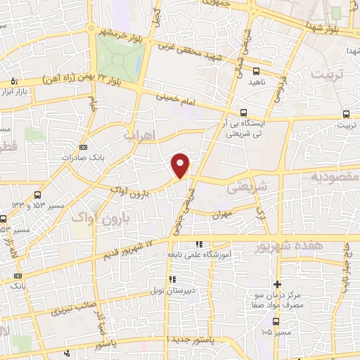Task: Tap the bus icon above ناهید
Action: [x=255, y=71]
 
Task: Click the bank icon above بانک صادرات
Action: [x=84, y=148]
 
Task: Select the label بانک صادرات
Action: [x=77, y=157]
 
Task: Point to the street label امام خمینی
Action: [x=174, y=96]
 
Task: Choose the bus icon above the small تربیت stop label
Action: [x=347, y=114]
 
